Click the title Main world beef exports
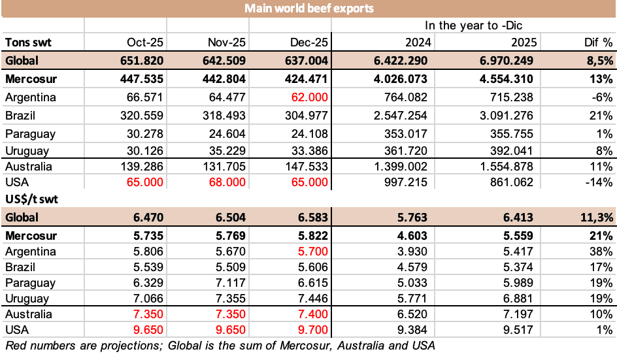pyautogui.click(x=308, y=8)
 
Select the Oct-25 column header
pyautogui.click(x=145, y=42)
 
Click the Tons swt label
pyautogui.click(x=28, y=42)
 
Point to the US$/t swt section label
pyautogui.click(x=33, y=199)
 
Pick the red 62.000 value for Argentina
pyautogui.click(x=308, y=97)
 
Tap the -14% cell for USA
pyautogui.click(x=599, y=182)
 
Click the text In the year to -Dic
pyautogui.click(x=473, y=25)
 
